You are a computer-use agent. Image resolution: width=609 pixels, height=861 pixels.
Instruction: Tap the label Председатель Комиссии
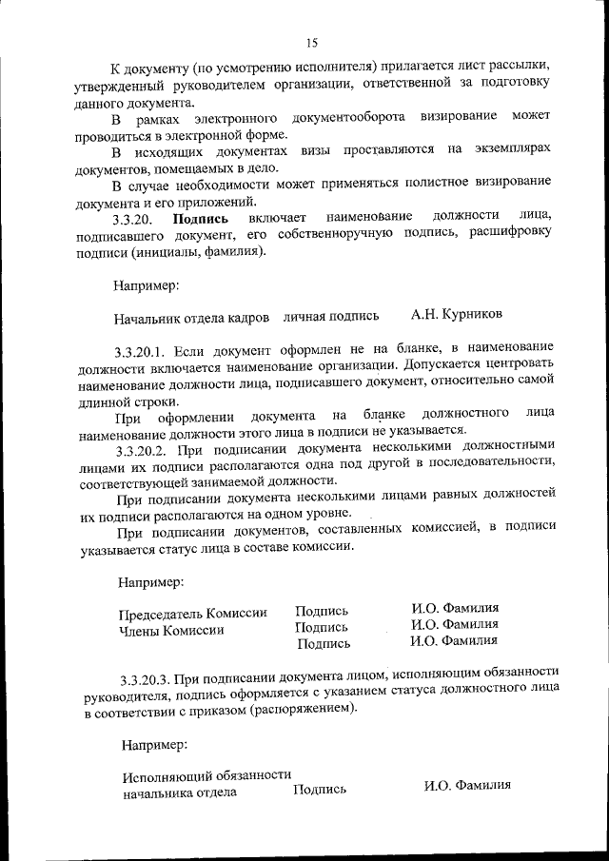tap(193, 613)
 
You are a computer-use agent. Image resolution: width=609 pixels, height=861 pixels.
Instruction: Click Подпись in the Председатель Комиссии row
tap(322, 611)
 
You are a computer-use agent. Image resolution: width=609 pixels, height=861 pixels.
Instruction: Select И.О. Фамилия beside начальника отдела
tap(467, 786)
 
